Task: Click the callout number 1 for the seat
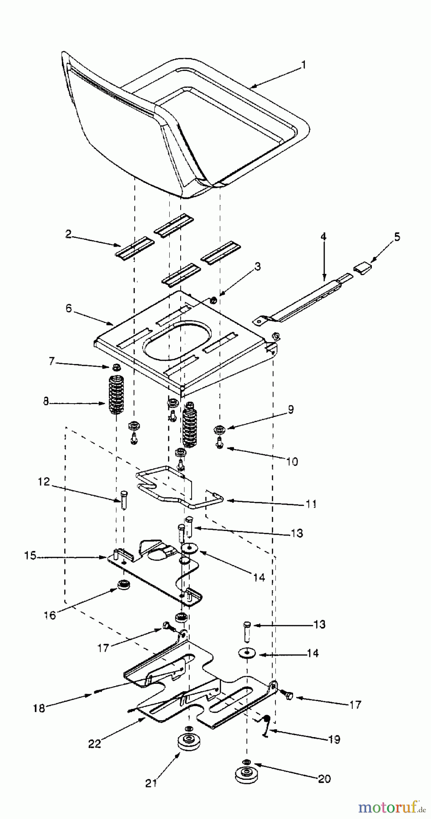tap(304, 65)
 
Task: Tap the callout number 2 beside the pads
tap(69, 234)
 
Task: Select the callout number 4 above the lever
tap(324, 237)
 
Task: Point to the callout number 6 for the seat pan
tap(69, 308)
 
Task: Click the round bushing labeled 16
tap(123, 585)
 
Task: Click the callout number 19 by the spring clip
tap(334, 739)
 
